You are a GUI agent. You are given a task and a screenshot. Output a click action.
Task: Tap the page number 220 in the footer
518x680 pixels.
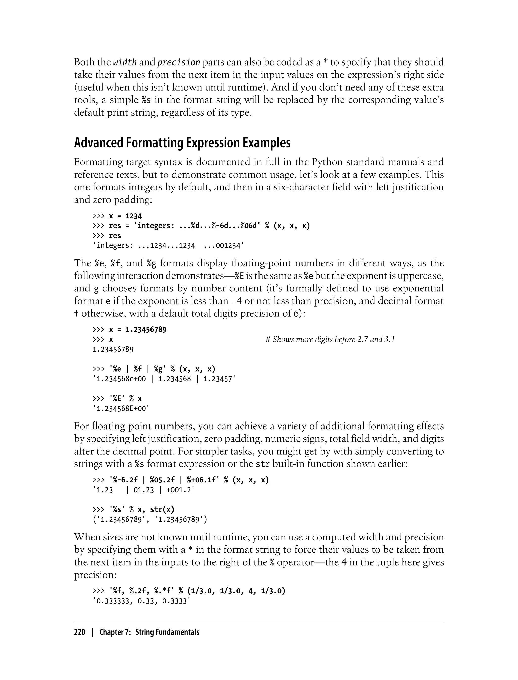[x=80, y=632]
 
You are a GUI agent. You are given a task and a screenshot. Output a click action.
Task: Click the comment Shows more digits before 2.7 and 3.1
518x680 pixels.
[x=330, y=339]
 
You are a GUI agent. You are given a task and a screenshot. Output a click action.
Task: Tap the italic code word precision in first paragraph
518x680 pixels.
[x=179, y=62]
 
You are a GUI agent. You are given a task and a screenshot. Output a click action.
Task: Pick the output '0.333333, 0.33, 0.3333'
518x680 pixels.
[x=141, y=601]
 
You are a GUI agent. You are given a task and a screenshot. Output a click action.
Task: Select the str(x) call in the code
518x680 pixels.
[x=162, y=510]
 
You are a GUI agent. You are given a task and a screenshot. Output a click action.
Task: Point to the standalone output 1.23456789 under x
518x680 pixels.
[x=113, y=349]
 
